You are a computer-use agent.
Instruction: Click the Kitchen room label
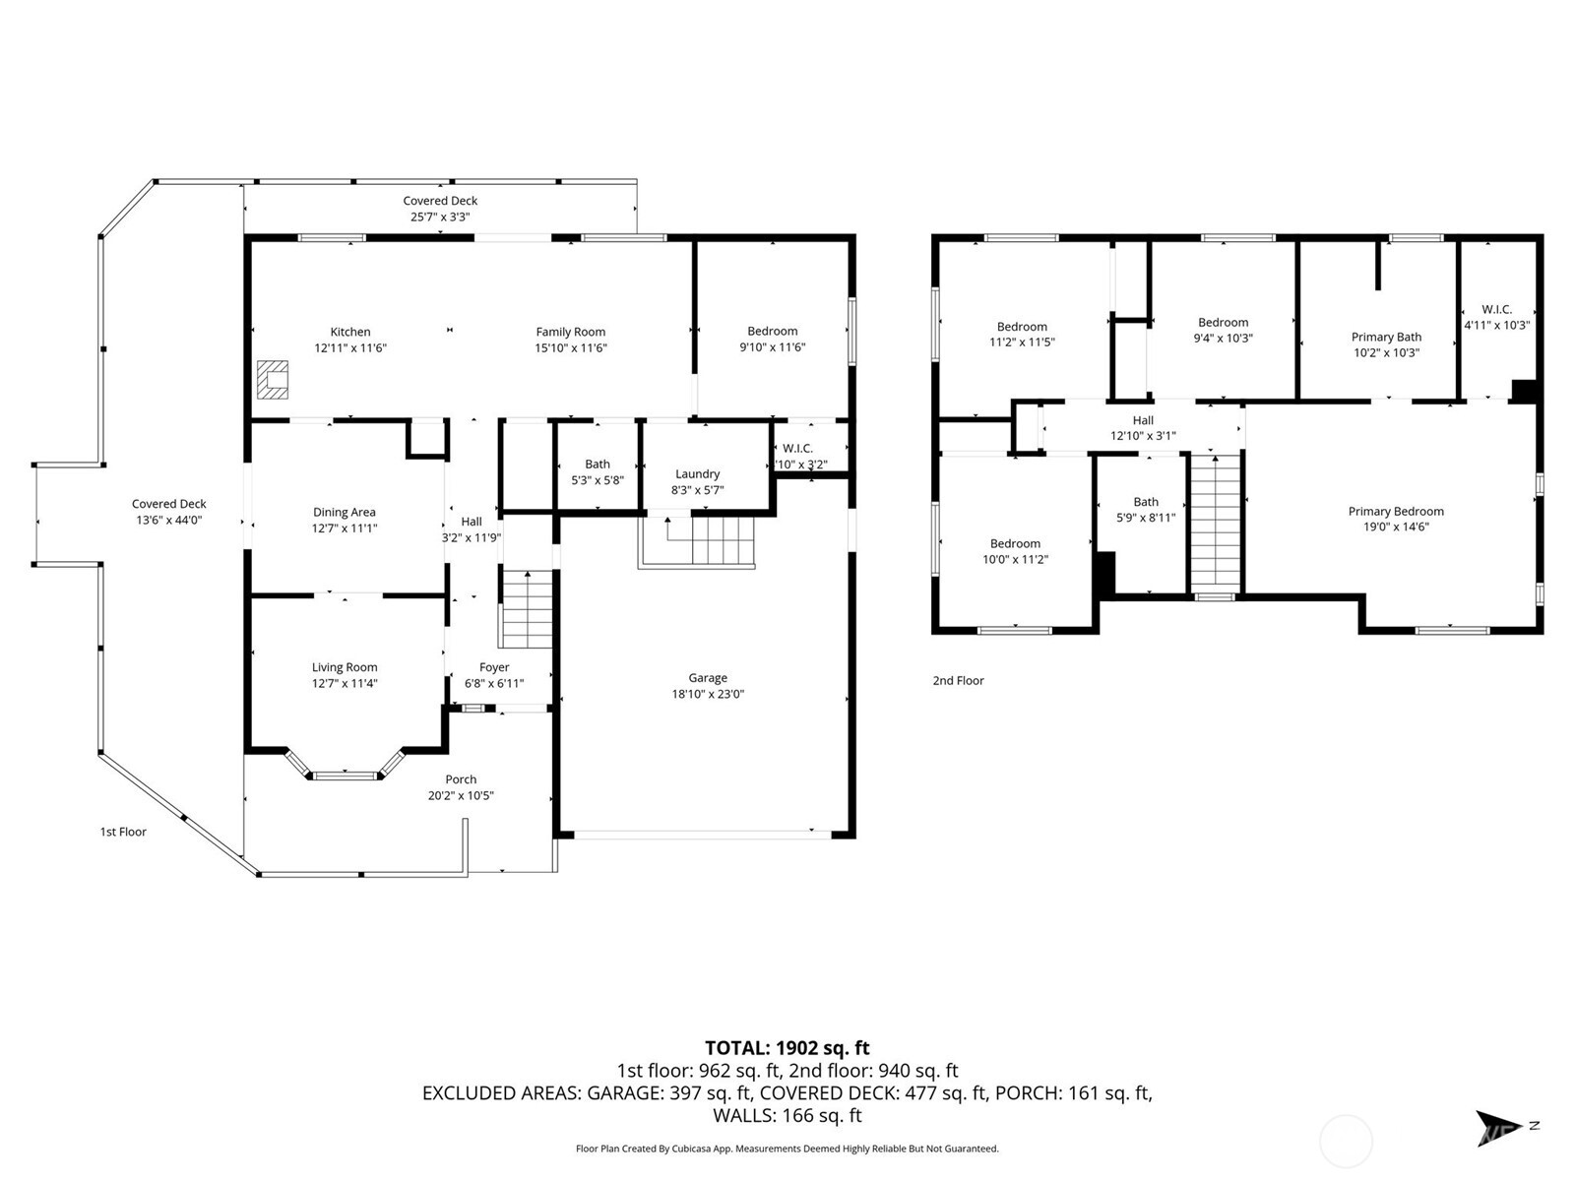(x=350, y=333)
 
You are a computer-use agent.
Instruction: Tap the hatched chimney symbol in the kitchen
(x=273, y=379)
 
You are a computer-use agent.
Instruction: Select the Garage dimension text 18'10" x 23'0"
(x=708, y=694)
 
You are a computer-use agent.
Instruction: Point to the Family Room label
(x=570, y=333)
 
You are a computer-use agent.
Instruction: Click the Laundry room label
(x=697, y=474)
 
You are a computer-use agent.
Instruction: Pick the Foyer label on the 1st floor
(x=494, y=667)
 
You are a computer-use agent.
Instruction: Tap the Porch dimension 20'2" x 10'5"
(x=461, y=795)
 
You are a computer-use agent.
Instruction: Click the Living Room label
(x=345, y=667)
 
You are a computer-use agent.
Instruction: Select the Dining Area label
(x=344, y=512)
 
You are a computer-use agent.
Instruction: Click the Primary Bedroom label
(x=1396, y=511)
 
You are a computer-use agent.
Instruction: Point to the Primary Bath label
(x=1386, y=338)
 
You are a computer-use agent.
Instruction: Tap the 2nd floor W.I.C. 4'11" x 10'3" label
(x=1496, y=317)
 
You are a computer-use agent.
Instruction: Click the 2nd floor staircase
(x=1217, y=522)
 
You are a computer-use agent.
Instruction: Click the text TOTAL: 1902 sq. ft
(x=787, y=1048)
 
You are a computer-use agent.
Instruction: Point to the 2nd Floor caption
(x=958, y=680)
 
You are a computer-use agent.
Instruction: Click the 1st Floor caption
(x=123, y=832)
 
